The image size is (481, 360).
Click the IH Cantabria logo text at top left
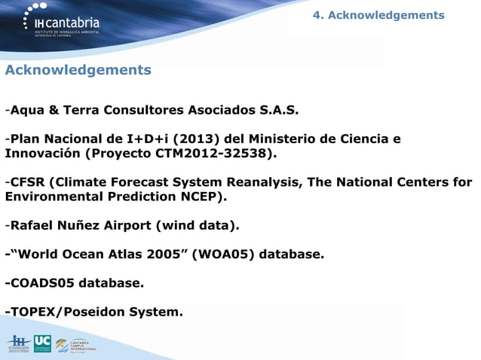coord(72,23)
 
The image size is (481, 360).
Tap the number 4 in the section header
coord(317,15)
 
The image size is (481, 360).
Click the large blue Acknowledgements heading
coord(78,70)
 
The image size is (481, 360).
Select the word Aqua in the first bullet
coord(28,111)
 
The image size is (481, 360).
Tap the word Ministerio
coord(290,139)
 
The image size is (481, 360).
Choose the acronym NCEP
coord(199,197)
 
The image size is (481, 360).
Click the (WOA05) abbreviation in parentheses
coord(225,254)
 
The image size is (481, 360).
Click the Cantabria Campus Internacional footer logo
coord(75,346)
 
